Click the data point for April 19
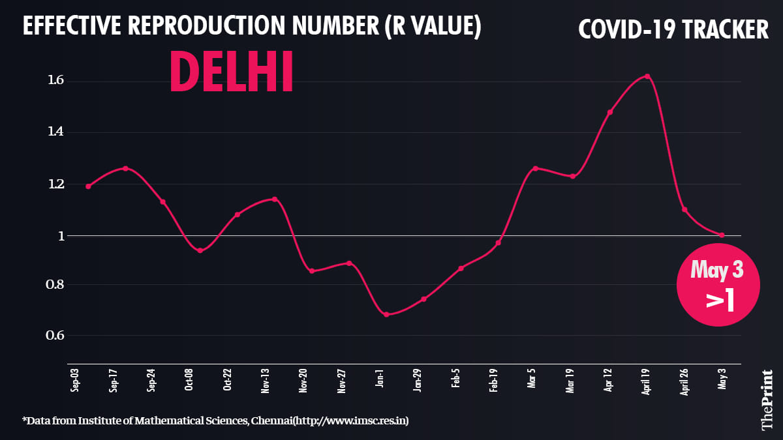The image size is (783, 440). point(647,76)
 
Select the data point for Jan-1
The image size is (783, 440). point(386,314)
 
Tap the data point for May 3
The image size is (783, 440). point(722,235)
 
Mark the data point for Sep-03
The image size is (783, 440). point(88,186)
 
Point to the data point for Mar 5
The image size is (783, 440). point(535,168)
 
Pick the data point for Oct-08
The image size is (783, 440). point(200,250)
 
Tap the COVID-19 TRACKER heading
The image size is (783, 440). point(673,29)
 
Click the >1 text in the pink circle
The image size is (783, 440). point(720,301)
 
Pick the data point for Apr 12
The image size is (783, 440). point(610,112)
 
